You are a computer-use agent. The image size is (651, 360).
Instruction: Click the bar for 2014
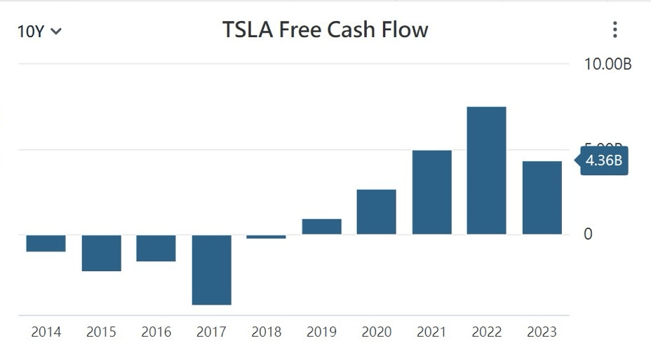[x=46, y=243]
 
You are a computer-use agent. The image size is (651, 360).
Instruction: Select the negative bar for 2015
[x=101, y=253]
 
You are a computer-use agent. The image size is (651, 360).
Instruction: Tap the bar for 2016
[x=156, y=248]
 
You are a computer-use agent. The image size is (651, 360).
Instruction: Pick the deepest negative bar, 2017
[x=211, y=270]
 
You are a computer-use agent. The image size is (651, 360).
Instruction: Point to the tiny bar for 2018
[x=267, y=237]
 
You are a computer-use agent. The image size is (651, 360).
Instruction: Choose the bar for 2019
[x=321, y=226]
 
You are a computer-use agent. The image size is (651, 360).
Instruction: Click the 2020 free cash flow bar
[x=376, y=212]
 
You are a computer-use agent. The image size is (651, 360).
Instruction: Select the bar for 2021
[x=431, y=192]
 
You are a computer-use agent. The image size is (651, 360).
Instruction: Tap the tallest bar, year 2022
[x=486, y=170]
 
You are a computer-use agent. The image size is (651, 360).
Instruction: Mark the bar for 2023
[x=542, y=198]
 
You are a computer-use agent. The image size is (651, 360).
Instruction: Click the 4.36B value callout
[x=603, y=160]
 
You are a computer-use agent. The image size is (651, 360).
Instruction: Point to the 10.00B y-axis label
[x=608, y=64]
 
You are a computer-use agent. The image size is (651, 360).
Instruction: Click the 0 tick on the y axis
[x=588, y=234]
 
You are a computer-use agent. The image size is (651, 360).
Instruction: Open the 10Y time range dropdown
[x=39, y=31]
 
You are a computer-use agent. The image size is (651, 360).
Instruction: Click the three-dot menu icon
[x=615, y=29]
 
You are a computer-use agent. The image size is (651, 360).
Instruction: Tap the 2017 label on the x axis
[x=211, y=332]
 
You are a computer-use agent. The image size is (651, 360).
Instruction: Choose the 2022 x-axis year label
[x=486, y=332]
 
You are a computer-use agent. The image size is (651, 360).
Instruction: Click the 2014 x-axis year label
[x=46, y=332]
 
